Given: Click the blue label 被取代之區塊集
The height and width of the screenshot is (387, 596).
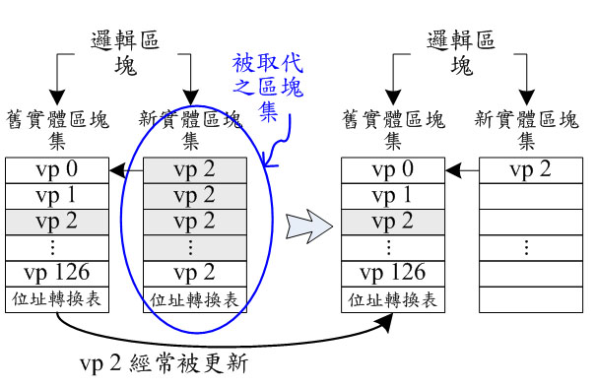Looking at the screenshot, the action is (x=268, y=87).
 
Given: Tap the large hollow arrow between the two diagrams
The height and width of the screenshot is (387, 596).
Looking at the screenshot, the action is (x=309, y=226).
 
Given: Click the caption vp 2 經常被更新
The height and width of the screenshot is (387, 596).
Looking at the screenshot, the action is (x=165, y=363).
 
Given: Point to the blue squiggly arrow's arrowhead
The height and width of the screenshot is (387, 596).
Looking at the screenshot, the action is (x=268, y=161).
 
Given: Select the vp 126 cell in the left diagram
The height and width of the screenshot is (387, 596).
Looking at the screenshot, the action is (x=57, y=274).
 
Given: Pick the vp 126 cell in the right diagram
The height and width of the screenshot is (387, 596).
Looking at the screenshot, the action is (x=393, y=274).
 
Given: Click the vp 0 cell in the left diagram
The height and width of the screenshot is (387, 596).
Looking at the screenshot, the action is (x=57, y=170).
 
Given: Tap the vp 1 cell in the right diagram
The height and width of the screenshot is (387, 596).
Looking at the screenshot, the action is (x=393, y=196).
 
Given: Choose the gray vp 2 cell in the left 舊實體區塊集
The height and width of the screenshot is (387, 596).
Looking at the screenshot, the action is (x=57, y=222).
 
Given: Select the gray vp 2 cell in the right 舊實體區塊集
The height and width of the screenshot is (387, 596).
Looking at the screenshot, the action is (x=393, y=222).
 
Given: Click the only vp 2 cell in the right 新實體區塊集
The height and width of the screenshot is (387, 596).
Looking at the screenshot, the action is (x=531, y=170).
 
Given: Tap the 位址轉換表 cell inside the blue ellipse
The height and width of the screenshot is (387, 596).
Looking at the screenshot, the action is (x=195, y=299).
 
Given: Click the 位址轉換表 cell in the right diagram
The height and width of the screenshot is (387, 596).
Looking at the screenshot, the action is (x=393, y=299).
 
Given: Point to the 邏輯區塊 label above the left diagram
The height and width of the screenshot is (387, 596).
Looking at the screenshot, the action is (x=125, y=53).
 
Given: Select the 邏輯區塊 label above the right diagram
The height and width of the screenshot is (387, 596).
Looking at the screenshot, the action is (x=461, y=53).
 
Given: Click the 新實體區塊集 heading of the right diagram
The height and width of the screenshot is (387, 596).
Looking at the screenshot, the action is (x=526, y=130).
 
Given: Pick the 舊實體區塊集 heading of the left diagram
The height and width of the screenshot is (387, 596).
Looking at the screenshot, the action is (x=57, y=130).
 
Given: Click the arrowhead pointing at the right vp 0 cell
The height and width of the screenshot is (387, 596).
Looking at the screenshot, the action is (x=453, y=170).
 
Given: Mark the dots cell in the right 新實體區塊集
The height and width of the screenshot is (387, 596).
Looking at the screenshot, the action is (x=531, y=247).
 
